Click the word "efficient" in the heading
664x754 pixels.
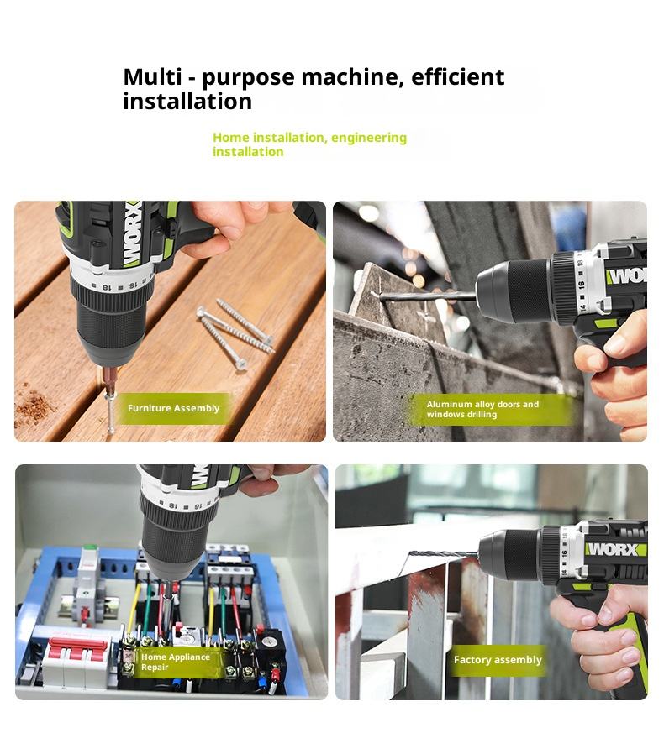point(457,77)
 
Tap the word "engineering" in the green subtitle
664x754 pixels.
point(369,138)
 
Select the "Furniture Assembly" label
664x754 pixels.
point(173,408)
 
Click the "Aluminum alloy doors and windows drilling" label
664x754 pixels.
point(482,409)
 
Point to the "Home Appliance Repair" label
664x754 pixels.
point(176,662)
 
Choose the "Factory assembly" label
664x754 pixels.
point(498,660)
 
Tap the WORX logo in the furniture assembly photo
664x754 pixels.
point(133,234)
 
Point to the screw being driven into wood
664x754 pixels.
point(110,410)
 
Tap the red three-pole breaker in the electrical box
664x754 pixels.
point(78,652)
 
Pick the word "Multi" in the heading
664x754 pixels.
point(151,77)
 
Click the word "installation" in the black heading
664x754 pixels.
point(187,102)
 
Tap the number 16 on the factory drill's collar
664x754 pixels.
point(564,553)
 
